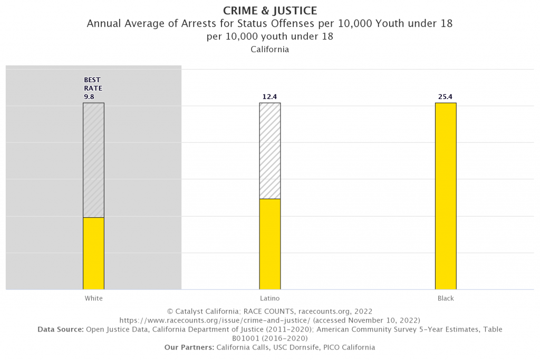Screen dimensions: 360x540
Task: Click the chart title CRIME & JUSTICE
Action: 269,11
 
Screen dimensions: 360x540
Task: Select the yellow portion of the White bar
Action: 93,253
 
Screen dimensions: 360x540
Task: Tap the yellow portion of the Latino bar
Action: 269,244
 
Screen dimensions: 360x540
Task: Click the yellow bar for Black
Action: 446,196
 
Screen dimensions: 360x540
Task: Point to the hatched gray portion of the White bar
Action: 93,160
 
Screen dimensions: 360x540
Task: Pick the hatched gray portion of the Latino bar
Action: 269,150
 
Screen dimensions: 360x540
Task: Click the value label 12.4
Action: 269,96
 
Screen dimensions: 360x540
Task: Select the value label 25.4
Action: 446,96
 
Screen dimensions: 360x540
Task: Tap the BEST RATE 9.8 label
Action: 92,88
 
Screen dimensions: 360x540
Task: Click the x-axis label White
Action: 93,298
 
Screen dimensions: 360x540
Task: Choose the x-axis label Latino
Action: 269,298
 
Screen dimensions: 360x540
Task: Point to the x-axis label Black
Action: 446,298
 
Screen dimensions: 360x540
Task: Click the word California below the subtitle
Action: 269,50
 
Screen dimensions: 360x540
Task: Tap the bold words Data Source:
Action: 61,329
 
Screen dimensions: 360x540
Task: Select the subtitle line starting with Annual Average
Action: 269,24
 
